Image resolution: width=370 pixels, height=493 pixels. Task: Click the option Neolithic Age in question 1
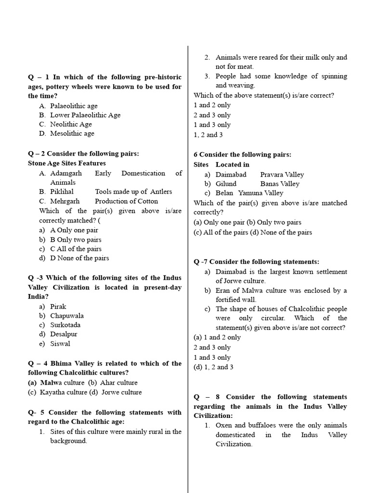(x=71, y=124)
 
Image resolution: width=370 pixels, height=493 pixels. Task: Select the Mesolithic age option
(x=72, y=133)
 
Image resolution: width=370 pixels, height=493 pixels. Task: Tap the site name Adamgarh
(x=66, y=173)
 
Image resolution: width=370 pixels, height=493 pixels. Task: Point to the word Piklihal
(x=63, y=192)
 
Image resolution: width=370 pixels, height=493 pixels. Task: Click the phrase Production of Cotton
(x=126, y=201)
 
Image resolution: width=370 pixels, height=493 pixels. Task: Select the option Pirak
(x=58, y=306)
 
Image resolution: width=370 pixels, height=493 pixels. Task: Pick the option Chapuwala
(x=67, y=316)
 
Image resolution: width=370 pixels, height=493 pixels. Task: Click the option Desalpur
(x=64, y=334)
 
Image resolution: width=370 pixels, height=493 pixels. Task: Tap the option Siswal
(x=60, y=344)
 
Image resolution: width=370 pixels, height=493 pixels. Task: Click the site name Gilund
(x=226, y=184)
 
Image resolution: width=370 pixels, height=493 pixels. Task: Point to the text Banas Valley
(x=280, y=184)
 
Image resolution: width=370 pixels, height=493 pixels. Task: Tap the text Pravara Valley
(x=282, y=175)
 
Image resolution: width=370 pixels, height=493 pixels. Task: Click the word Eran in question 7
(x=223, y=291)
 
